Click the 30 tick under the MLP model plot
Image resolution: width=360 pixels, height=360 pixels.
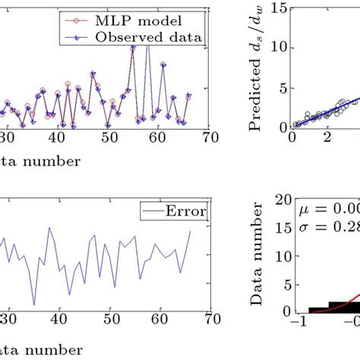[6, 137]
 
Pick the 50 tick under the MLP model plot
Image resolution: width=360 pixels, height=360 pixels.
[110, 137]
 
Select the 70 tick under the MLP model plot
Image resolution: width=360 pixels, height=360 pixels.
[211, 137]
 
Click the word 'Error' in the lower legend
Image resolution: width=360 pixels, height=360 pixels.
[185, 210]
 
